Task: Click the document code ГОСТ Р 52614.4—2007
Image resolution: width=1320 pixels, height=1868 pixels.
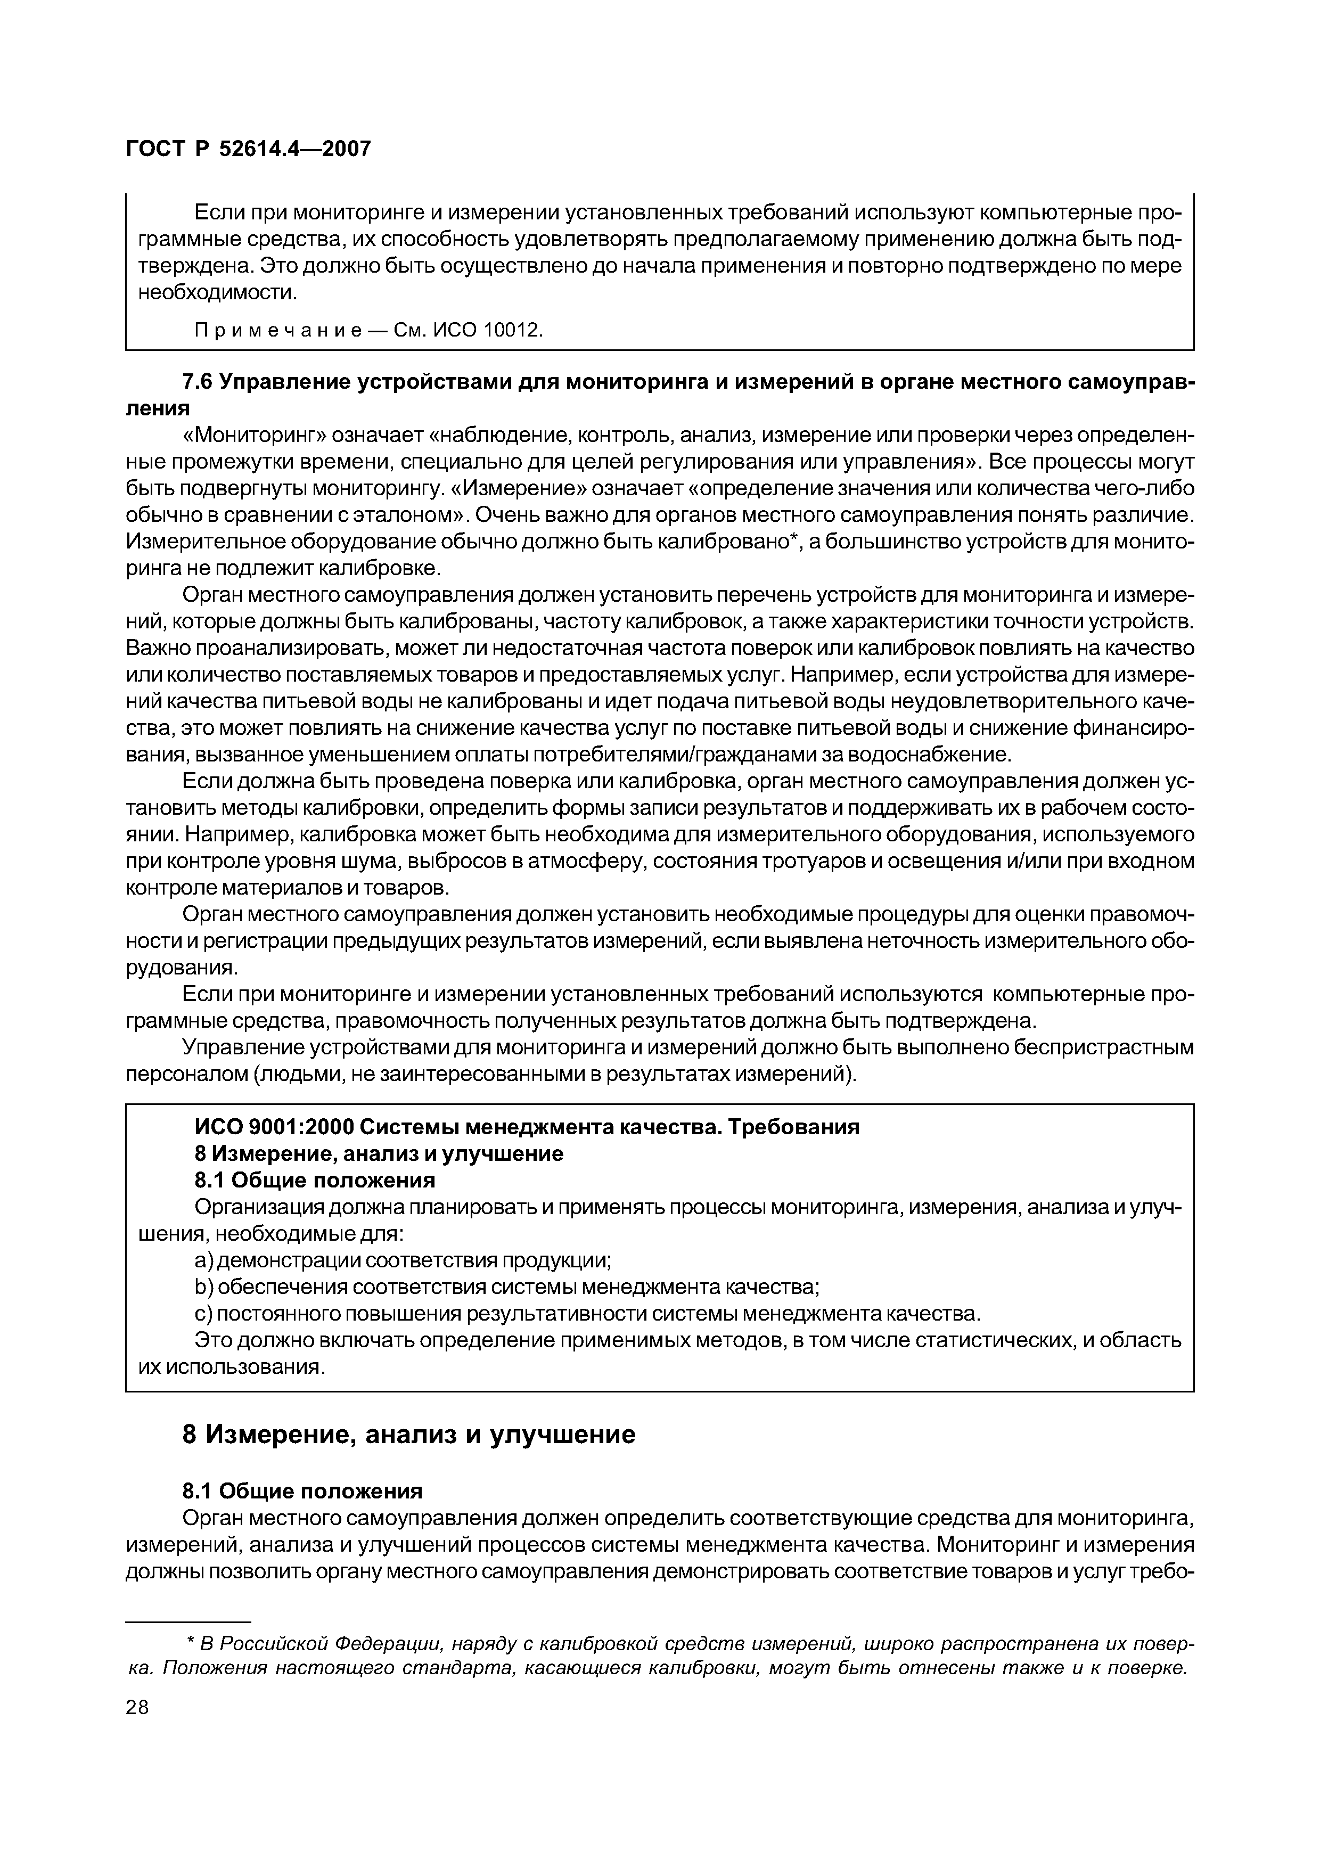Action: point(248,149)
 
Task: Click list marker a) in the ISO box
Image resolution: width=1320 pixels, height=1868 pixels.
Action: point(203,1260)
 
